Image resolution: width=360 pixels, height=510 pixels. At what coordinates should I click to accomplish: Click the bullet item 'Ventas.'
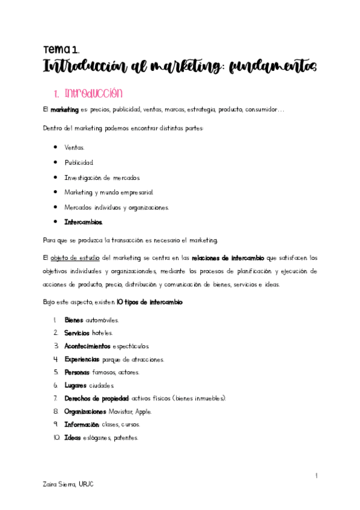(x=75, y=147)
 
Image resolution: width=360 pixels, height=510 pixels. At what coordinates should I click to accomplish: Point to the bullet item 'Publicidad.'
(x=79, y=162)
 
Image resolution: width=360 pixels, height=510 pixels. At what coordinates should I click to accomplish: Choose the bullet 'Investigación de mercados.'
(x=102, y=177)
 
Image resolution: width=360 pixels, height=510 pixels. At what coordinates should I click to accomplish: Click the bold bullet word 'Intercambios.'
(x=84, y=222)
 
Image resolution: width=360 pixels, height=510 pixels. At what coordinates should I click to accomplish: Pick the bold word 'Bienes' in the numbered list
(x=73, y=320)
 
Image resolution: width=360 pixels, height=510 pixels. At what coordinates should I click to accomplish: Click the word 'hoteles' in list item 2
(x=102, y=333)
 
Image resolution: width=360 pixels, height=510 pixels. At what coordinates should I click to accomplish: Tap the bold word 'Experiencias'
(x=82, y=359)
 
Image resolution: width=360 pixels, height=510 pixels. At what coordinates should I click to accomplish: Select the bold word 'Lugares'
(x=75, y=385)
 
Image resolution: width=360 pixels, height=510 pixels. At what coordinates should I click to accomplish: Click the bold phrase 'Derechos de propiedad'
(x=97, y=398)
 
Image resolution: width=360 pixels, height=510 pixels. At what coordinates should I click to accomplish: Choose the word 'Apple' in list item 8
(x=144, y=411)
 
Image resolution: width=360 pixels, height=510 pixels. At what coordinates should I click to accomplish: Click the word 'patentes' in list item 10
(x=126, y=438)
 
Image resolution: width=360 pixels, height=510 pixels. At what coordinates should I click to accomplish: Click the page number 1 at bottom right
(x=316, y=476)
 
